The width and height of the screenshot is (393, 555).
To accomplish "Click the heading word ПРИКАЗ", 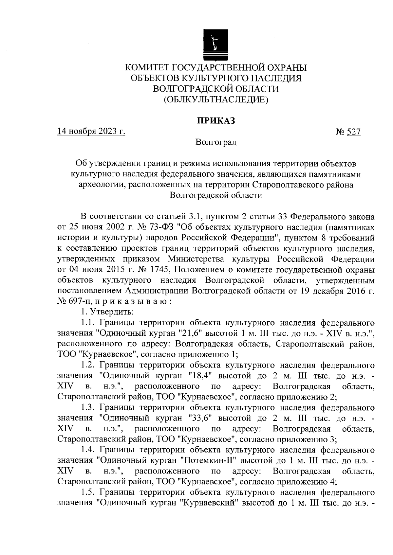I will [x=216, y=121].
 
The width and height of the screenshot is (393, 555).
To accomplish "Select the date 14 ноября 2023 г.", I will [x=91, y=132].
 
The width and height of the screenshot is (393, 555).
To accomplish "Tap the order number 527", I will [x=354, y=132].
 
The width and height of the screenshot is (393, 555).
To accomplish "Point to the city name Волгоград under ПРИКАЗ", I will [x=216, y=143].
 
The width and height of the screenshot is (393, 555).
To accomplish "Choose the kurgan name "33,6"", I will [x=201, y=418].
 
